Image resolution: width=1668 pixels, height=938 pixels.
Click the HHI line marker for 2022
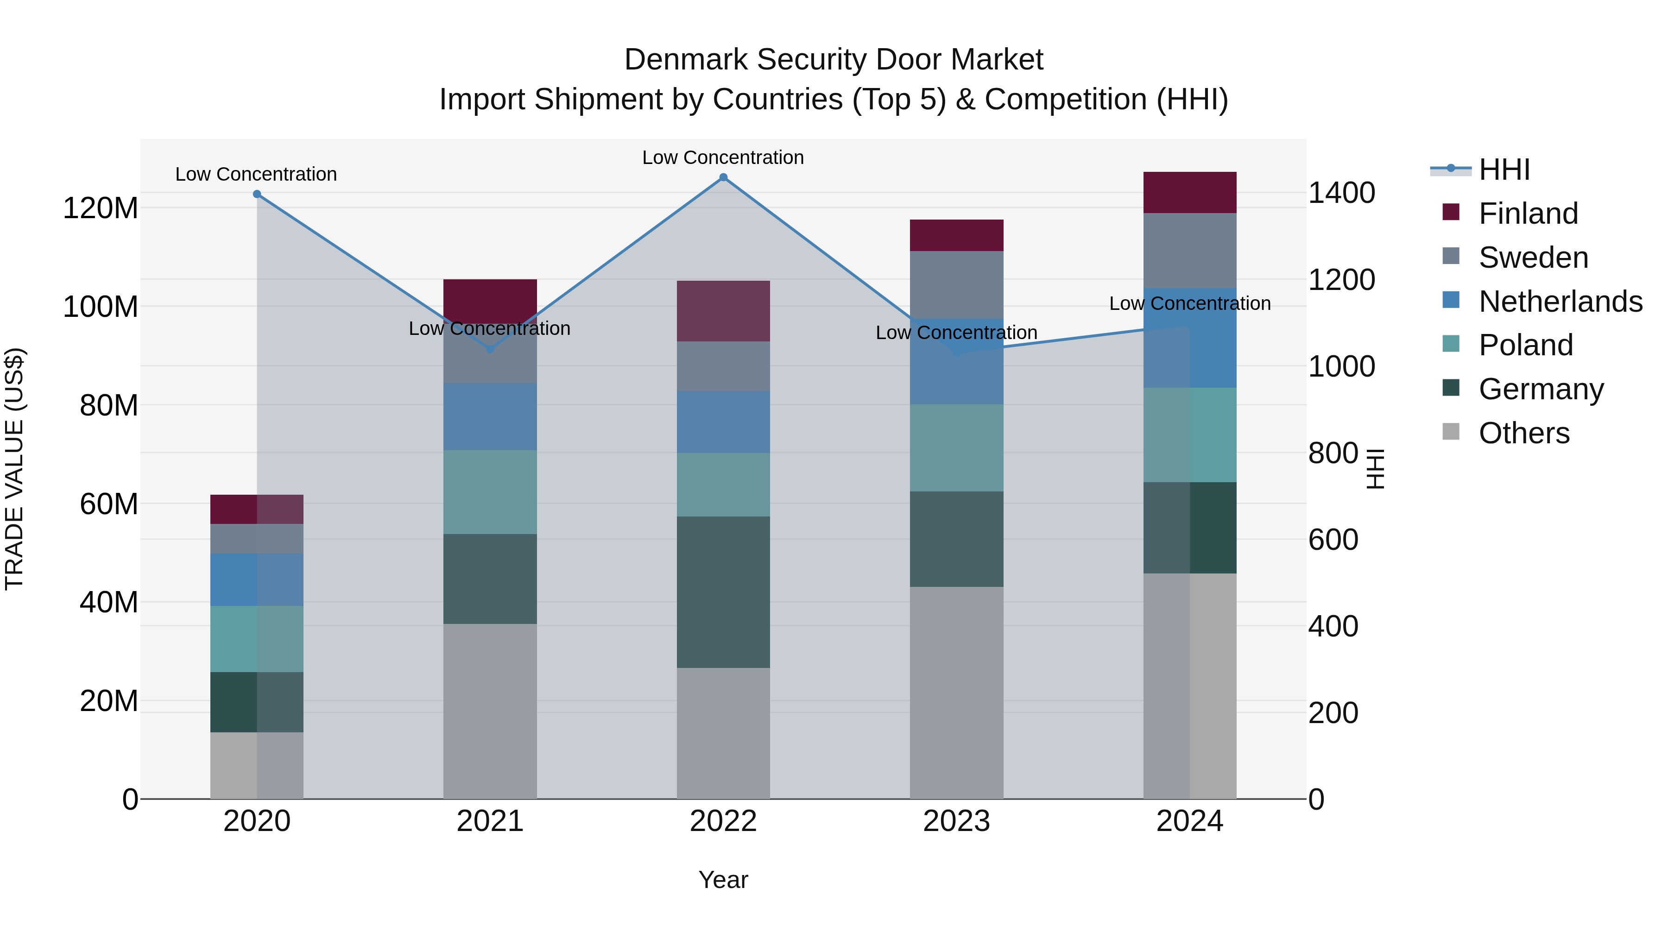723,177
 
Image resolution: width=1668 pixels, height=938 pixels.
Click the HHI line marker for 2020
257,194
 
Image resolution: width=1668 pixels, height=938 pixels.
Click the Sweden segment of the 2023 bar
956,285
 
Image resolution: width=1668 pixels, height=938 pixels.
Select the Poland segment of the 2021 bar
490,492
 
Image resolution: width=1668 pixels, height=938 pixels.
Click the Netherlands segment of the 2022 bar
723,422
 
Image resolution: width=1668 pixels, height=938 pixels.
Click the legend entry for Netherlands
1560,302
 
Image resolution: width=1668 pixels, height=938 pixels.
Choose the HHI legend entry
1504,170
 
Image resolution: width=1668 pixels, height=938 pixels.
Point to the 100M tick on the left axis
101,307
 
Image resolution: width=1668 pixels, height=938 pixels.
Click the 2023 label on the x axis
956,821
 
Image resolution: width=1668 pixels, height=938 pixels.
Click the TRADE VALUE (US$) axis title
14,469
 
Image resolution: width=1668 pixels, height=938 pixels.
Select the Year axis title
723,880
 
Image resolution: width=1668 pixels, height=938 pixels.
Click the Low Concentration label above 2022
723,157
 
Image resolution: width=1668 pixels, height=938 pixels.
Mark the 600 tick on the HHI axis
1333,540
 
